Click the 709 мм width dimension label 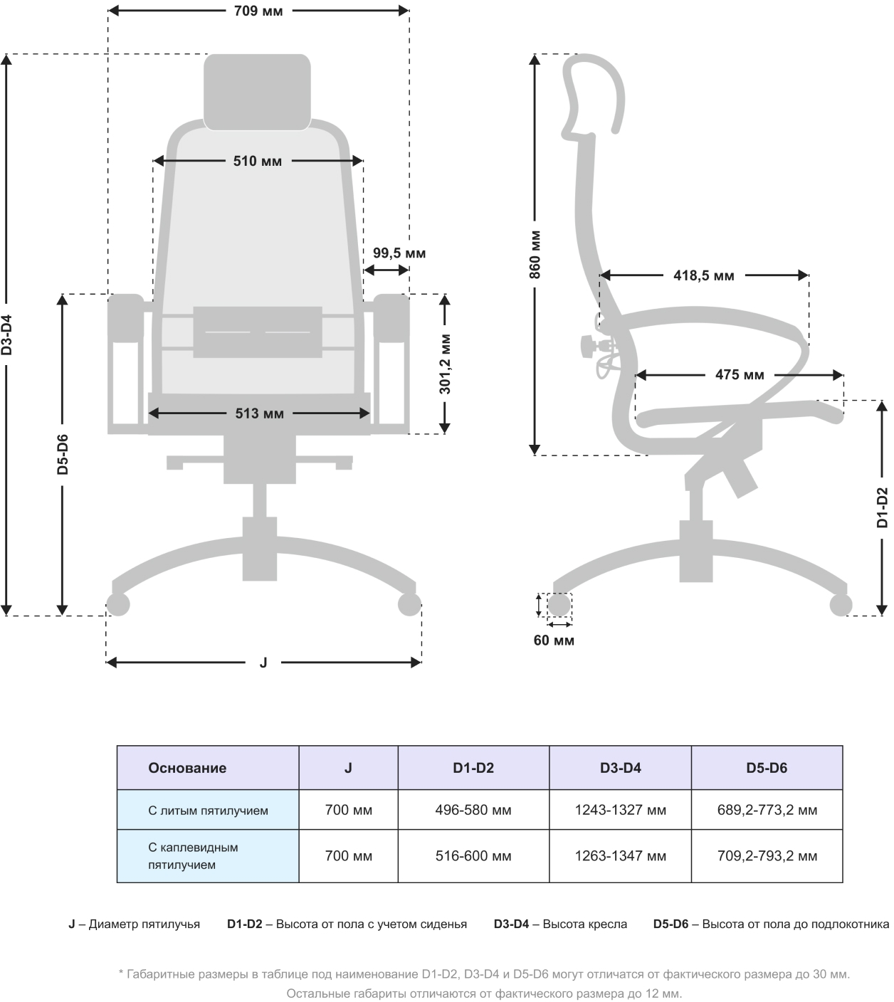pos(258,11)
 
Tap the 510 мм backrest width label pos(258,161)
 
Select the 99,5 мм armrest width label pos(399,253)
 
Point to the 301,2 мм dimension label pos(445,364)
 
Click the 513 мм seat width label pos(259,413)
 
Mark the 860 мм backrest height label pos(535,254)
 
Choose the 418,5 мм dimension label pos(703,275)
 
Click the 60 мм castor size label pos(554,640)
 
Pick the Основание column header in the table pos(187,768)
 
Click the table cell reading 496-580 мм pos(473,810)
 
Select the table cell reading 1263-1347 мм pos(620,856)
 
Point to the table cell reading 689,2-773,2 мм pos(767,810)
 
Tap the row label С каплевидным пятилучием pos(193,856)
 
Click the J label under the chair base pos(263,663)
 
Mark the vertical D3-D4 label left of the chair pos(6,334)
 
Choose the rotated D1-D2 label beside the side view pos(883,507)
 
